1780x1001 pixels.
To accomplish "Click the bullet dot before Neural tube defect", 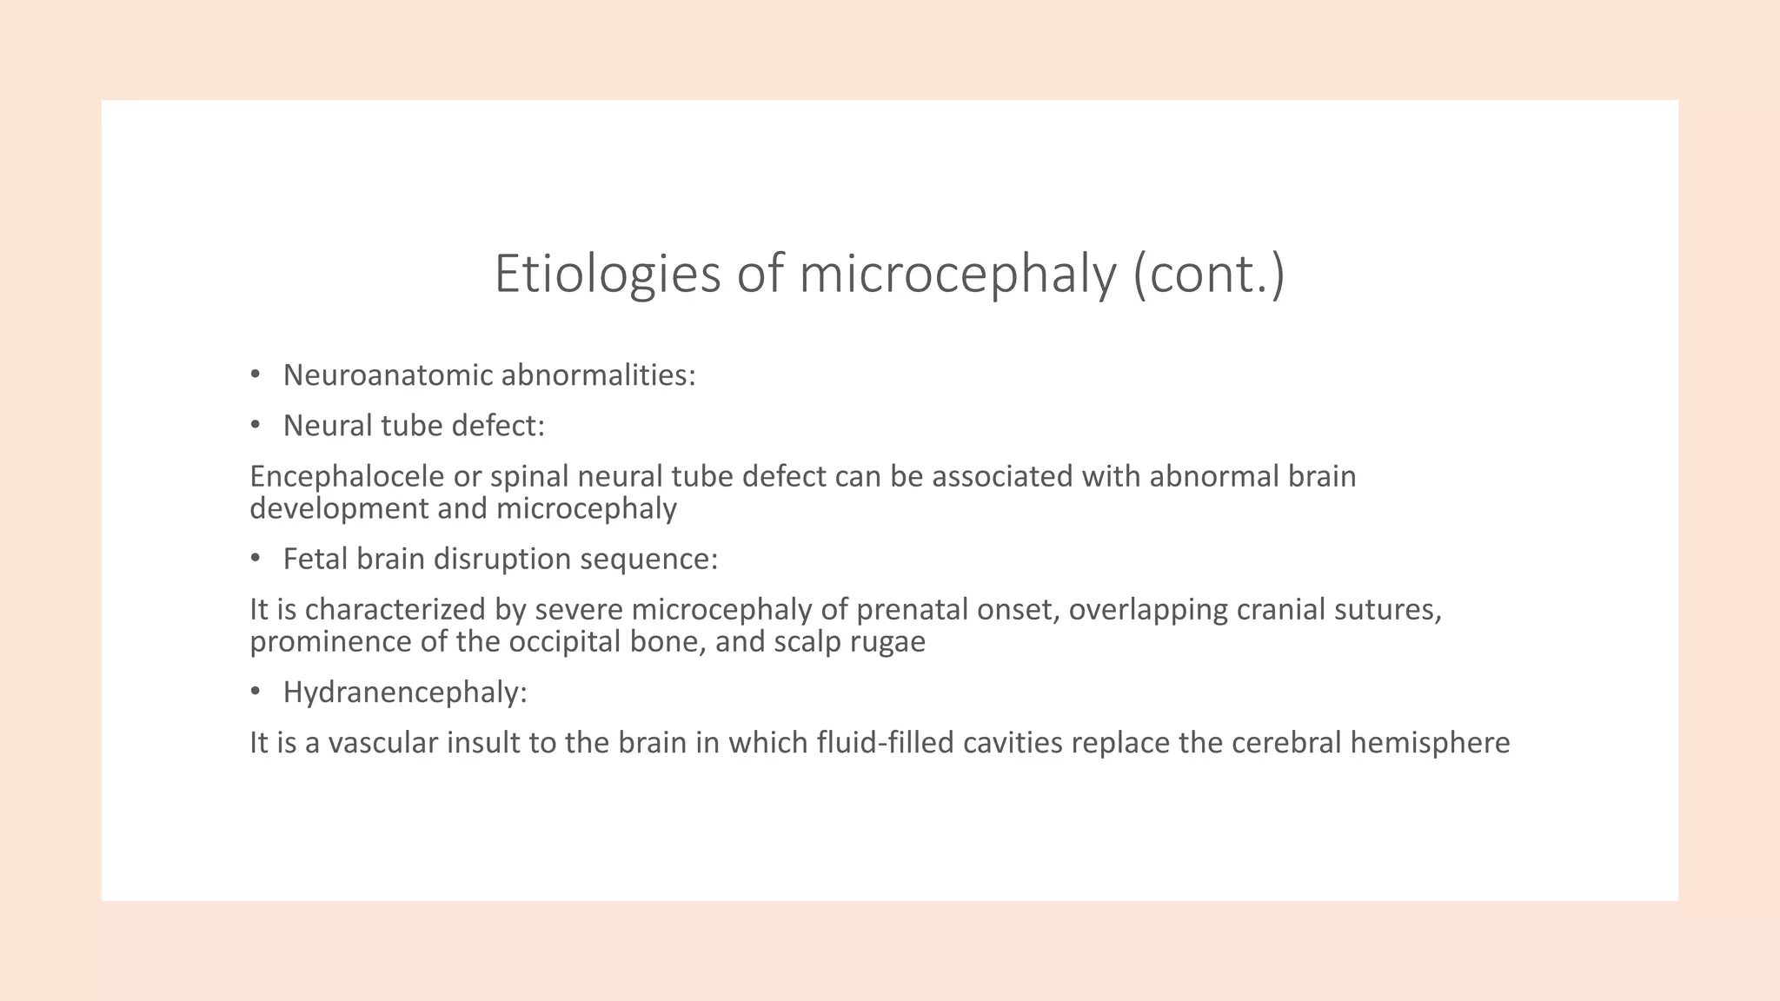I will pos(255,425).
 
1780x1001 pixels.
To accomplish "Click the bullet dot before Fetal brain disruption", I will pos(255,559).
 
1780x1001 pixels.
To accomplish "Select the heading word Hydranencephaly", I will pos(405,693).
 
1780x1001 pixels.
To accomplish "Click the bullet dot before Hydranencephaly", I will pos(255,692).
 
